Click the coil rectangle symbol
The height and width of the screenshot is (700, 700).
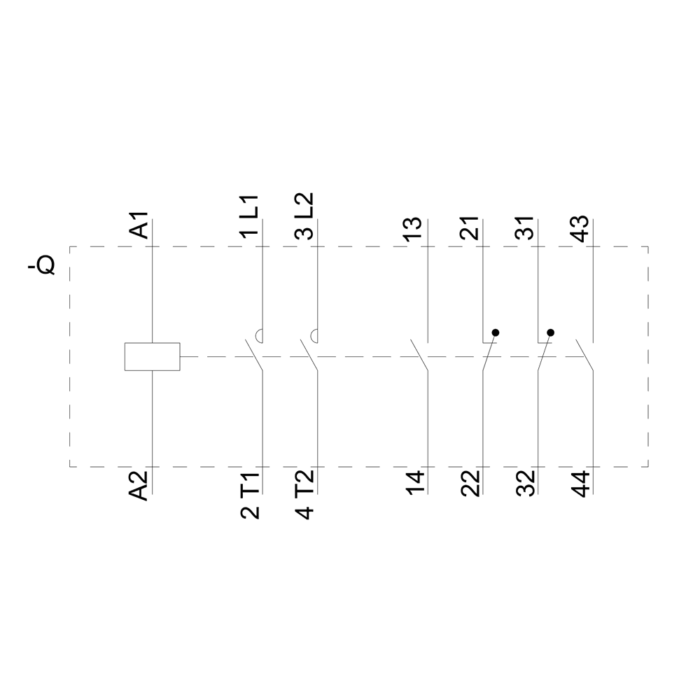[x=152, y=356]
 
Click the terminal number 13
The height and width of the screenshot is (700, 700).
[x=414, y=228]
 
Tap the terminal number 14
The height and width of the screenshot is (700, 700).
[x=414, y=484]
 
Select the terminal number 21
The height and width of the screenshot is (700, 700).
[x=470, y=228]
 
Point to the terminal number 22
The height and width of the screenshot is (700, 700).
[x=470, y=484]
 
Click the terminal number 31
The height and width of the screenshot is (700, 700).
[x=525, y=228]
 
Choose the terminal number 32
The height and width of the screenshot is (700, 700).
[x=525, y=484]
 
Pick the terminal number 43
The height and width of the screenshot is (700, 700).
[x=580, y=228]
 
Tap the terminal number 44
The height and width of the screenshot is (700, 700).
[x=580, y=484]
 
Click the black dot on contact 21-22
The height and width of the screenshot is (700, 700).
[x=495, y=332]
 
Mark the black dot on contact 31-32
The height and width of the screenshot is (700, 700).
[x=550, y=332]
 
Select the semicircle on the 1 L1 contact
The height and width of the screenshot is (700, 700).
[x=259, y=336]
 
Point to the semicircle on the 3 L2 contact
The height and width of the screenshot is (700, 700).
[x=314, y=336]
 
